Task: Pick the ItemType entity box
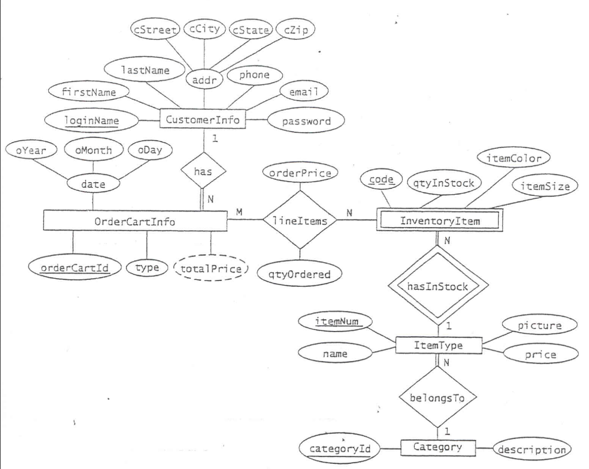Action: point(439,345)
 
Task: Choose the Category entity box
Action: point(438,447)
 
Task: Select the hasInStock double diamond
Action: point(439,286)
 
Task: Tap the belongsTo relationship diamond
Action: point(438,397)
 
